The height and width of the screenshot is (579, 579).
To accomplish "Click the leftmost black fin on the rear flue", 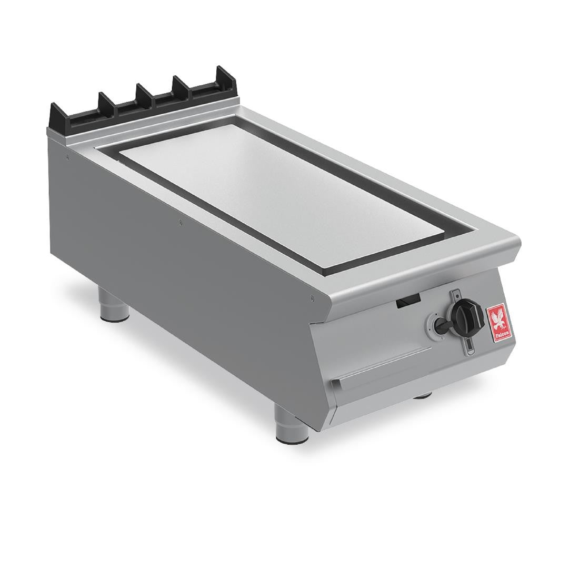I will [105, 100].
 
